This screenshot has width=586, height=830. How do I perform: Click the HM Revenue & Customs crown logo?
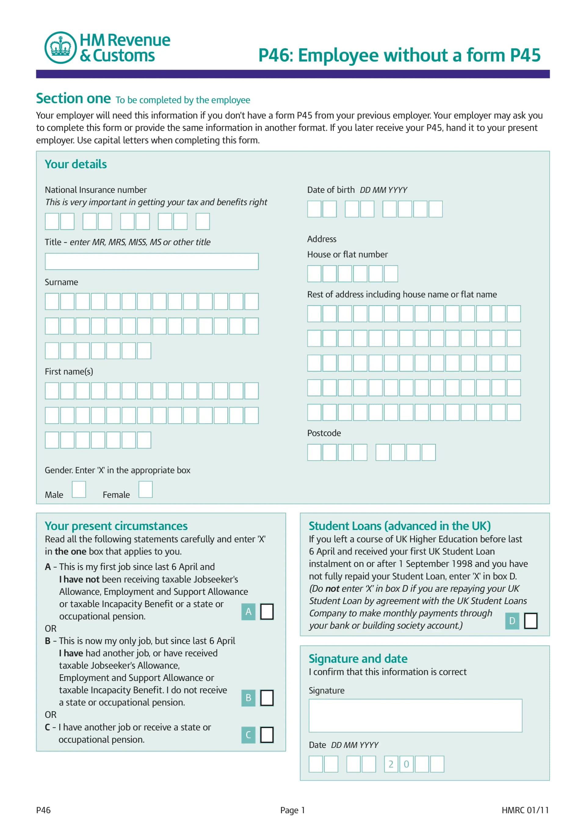60,47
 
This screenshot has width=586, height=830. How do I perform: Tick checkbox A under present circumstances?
267,611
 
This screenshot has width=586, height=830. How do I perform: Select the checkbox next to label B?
267,697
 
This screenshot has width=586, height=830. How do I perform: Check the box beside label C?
267,735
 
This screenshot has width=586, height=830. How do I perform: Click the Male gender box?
79,489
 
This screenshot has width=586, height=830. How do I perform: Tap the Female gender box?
145,489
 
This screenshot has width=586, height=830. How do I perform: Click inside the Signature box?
415,715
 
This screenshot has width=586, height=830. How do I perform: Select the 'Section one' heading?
73,98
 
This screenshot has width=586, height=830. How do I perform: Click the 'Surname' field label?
61,282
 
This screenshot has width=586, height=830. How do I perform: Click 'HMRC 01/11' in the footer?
525,810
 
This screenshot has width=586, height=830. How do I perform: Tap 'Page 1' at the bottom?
292,810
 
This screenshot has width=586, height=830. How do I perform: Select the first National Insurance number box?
52,221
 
